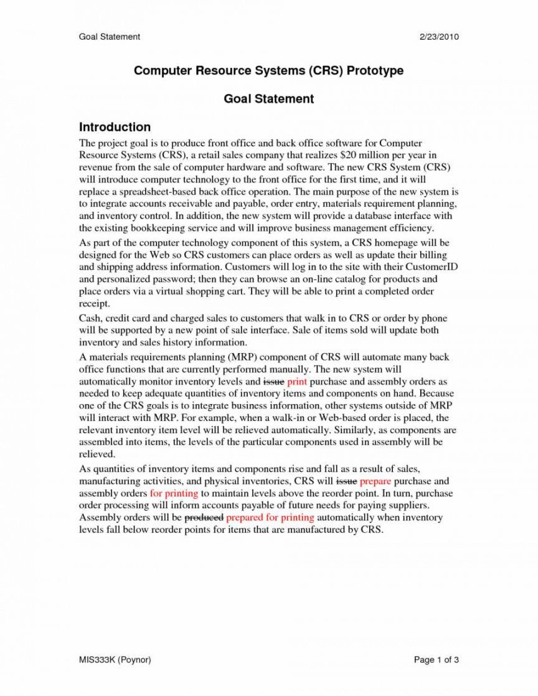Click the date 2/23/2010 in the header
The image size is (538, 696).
click(x=439, y=37)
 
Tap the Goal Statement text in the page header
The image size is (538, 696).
click(x=110, y=37)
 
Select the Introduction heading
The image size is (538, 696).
click(x=115, y=127)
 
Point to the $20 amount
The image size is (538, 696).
click(x=341, y=156)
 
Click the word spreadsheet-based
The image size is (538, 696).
click(x=161, y=192)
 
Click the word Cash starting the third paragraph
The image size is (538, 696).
click(x=91, y=319)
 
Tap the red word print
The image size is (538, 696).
click(x=297, y=381)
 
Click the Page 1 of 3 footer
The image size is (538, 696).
click(x=437, y=660)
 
